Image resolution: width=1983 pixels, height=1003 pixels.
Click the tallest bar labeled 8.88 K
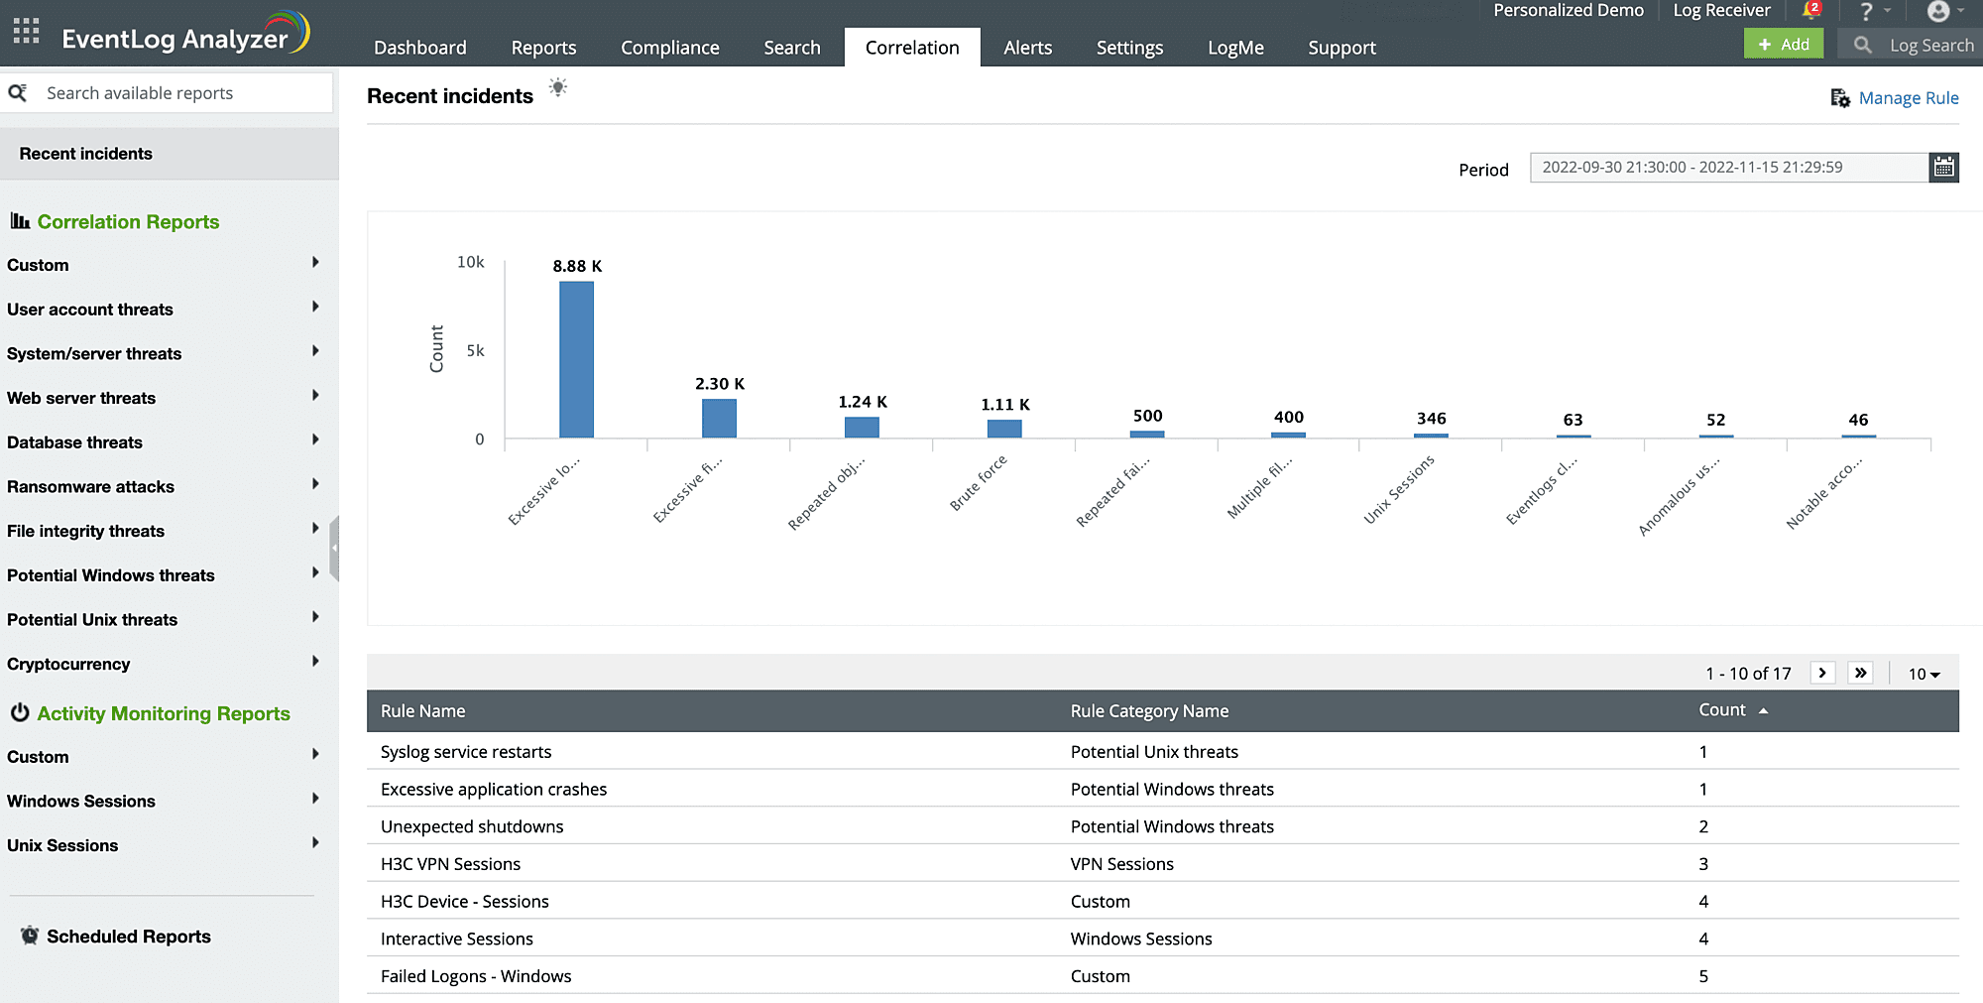coord(576,359)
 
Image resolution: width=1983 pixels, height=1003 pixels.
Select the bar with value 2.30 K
coord(719,418)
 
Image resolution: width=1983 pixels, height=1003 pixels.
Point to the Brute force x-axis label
coord(978,483)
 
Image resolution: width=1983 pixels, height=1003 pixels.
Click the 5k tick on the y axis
coord(475,350)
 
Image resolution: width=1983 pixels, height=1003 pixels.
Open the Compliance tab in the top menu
coord(669,48)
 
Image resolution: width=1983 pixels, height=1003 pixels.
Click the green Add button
coord(1783,44)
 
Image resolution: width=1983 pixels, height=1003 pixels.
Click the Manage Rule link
coord(1908,98)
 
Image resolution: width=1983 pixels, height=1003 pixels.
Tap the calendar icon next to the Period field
coord(1943,168)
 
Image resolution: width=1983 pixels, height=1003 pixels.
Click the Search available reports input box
coord(178,93)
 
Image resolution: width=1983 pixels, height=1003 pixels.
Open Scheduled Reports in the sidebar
coord(129,937)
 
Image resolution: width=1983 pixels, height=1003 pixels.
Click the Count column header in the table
coord(1723,710)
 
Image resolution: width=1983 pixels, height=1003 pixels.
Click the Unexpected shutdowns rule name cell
coord(472,826)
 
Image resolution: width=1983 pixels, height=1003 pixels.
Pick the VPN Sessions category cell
coord(1121,864)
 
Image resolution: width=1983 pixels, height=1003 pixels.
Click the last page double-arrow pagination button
coord(1860,673)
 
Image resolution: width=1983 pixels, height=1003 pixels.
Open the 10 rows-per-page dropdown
coord(1924,674)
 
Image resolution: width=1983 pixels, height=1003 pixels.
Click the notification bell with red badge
coord(1810,11)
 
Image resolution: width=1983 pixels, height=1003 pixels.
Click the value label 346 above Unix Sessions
coord(1431,419)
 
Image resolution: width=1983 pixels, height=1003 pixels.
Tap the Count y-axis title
coord(436,349)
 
